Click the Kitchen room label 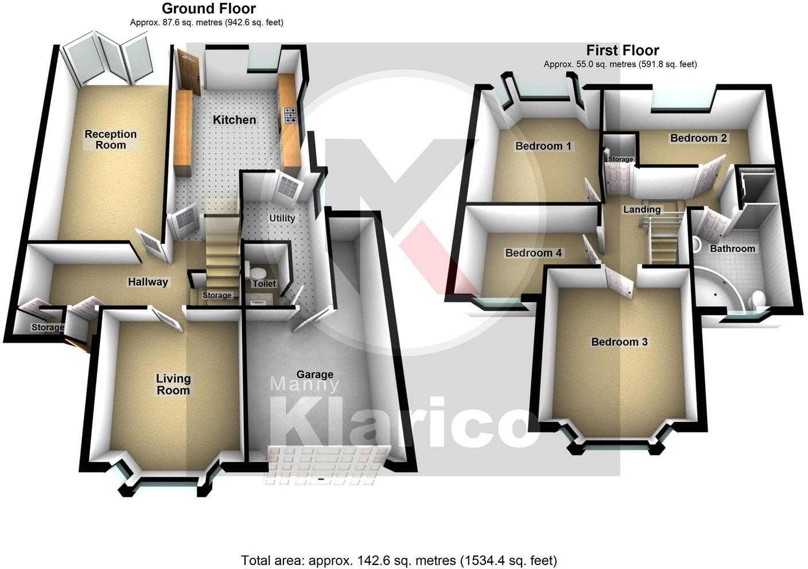[x=234, y=120]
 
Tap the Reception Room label [x=111, y=139]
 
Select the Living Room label [x=173, y=384]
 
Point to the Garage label [x=315, y=375]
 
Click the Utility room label [x=282, y=218]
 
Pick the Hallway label [x=148, y=282]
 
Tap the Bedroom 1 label [x=543, y=146]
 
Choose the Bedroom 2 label [x=698, y=138]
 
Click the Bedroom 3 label [x=619, y=342]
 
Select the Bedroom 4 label [x=533, y=253]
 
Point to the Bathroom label [x=732, y=248]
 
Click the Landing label [x=642, y=209]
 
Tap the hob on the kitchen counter [x=289, y=116]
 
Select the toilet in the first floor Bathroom [x=757, y=299]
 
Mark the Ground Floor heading [x=209, y=9]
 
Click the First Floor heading [x=622, y=50]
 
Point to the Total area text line [x=399, y=560]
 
